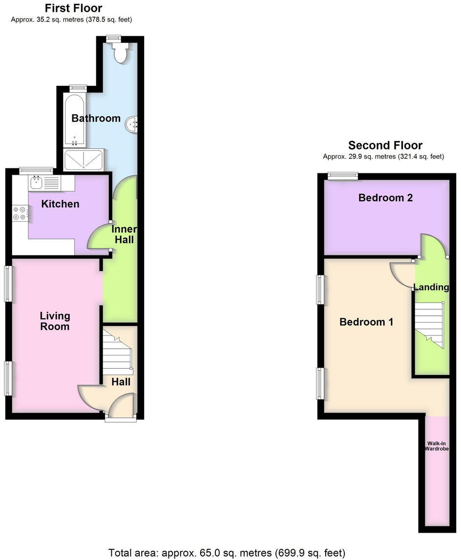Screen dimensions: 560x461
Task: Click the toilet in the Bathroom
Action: point(120,52)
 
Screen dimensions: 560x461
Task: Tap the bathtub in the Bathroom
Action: point(75,120)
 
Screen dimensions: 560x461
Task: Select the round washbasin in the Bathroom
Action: point(132,124)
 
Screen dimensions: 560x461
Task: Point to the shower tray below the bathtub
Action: point(84,160)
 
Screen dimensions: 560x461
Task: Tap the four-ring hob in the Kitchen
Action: point(20,213)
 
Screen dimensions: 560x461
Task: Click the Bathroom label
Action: point(96,118)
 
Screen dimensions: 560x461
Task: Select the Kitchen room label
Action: point(60,204)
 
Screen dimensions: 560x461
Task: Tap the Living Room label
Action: point(55,321)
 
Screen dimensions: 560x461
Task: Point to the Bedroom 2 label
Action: point(385,198)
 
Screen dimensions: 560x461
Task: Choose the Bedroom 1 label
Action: point(366,322)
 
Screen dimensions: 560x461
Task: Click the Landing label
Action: point(431,287)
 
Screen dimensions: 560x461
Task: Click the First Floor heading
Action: point(73,8)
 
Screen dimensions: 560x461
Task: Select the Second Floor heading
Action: point(385,145)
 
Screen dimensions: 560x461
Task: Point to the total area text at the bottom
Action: point(227,553)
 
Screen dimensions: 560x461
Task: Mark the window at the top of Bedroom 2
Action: point(342,176)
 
